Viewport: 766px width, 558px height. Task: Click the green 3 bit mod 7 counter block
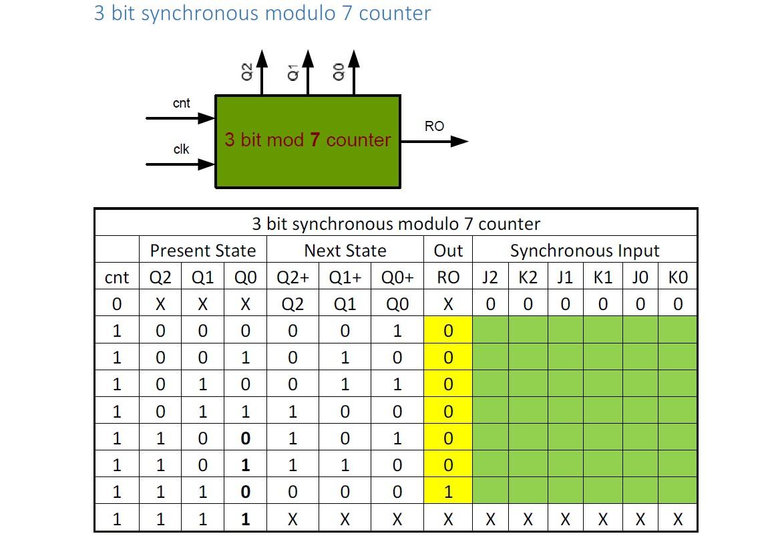(x=307, y=141)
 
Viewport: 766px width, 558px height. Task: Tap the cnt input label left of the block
(x=181, y=103)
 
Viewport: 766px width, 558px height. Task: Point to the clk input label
(x=181, y=149)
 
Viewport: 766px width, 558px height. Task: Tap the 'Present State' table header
(x=203, y=251)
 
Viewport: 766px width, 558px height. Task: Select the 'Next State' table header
(x=345, y=251)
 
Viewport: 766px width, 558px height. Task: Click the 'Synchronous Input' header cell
(x=584, y=251)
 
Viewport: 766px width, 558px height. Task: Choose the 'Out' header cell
(x=448, y=251)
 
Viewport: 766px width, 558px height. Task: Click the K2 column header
(x=528, y=277)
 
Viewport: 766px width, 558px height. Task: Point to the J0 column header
(x=640, y=277)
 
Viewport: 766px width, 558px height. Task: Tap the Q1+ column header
(x=345, y=277)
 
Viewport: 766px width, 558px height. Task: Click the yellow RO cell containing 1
(x=448, y=492)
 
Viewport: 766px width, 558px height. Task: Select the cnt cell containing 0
(x=117, y=305)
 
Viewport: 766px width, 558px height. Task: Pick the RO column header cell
(x=448, y=277)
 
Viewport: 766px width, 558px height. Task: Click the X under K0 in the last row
(x=678, y=519)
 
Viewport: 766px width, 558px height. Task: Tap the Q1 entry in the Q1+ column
(x=345, y=305)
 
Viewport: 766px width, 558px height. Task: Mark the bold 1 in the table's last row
(x=245, y=519)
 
